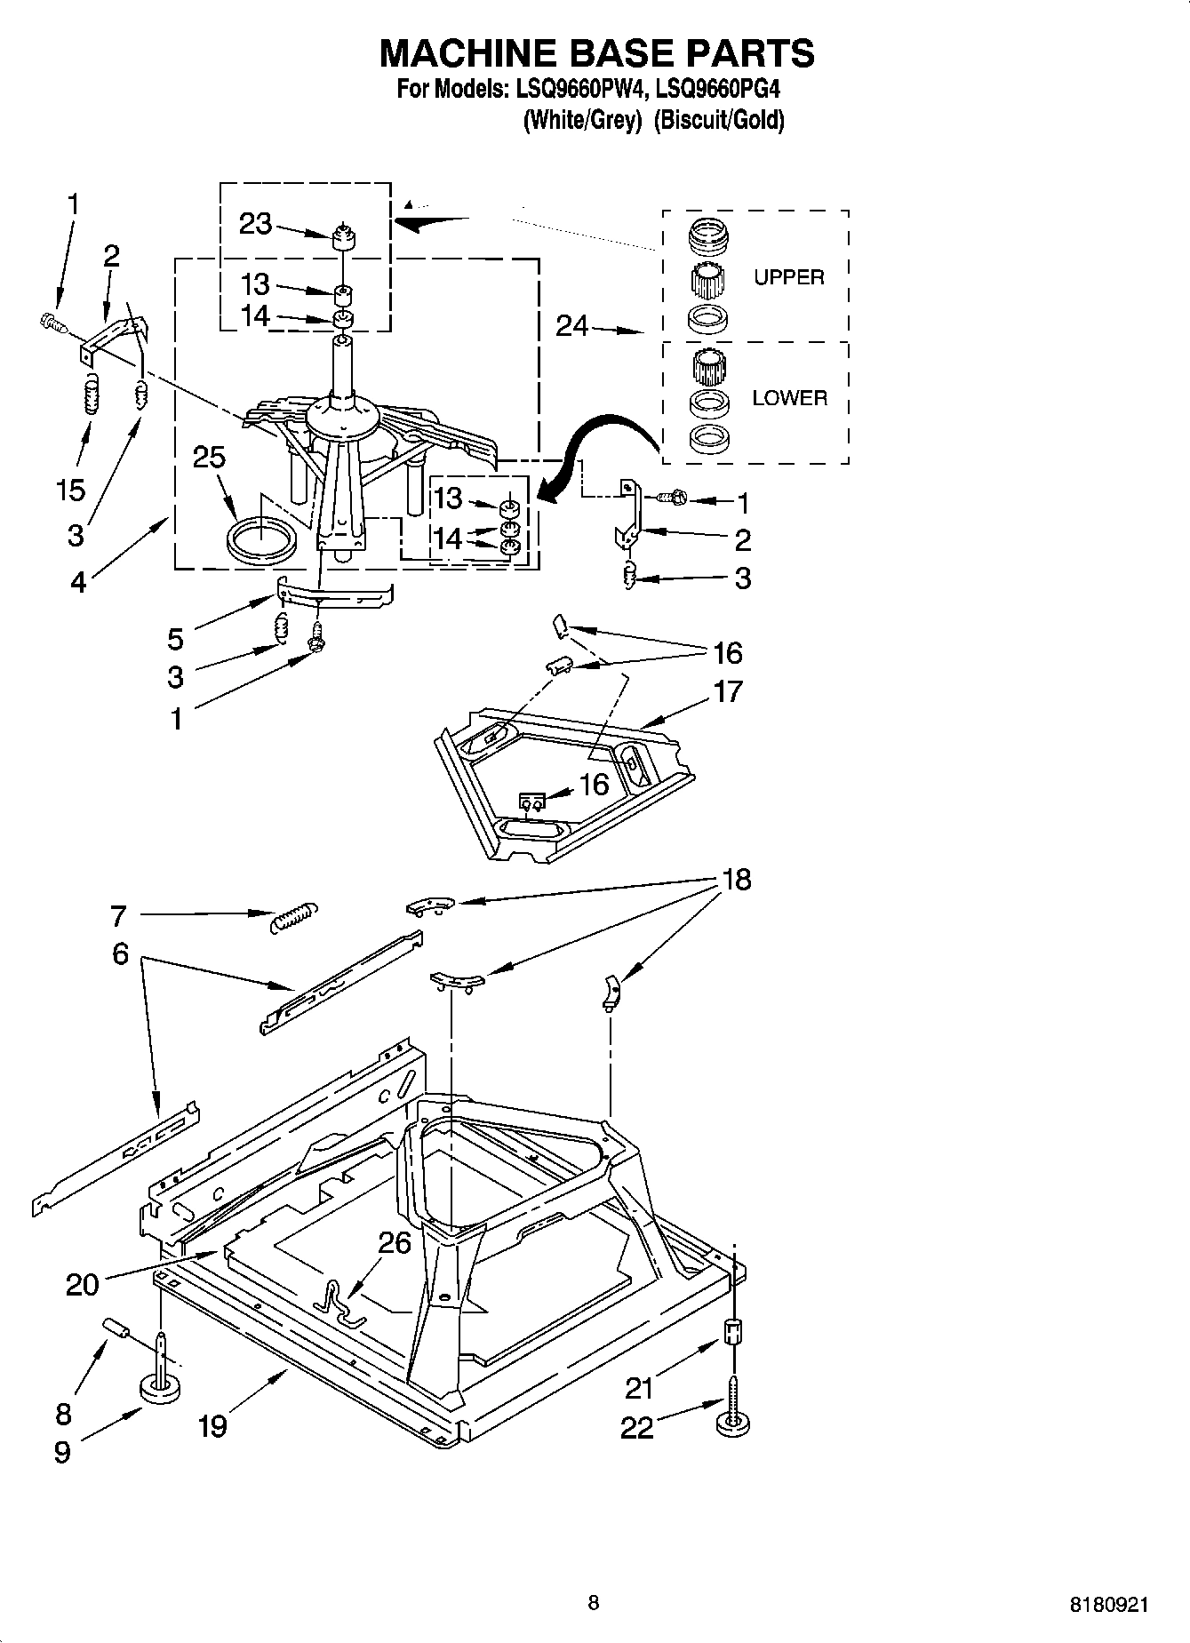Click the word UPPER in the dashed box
[x=788, y=277]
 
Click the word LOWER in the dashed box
[x=789, y=398]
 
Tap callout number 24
[x=572, y=327]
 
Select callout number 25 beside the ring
[x=209, y=458]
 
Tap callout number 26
[x=395, y=1242]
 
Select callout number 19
[x=212, y=1426]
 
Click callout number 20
[x=83, y=1284]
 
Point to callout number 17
[x=727, y=690]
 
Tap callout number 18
[x=737, y=880]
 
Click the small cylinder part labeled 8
[x=117, y=1328]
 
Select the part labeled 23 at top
[x=342, y=239]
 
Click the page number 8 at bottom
[x=594, y=1602]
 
